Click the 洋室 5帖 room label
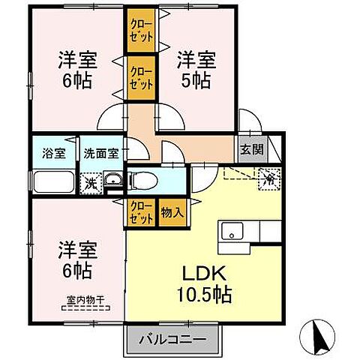pos(197,68)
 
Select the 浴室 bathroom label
pos(52,151)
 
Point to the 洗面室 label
pos(100,151)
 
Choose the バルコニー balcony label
pos(172,340)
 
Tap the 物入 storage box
pos(172,211)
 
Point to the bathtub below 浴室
pos(52,181)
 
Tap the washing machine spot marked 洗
pos(89,181)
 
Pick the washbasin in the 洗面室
pos(112,181)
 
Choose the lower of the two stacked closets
pos(141,77)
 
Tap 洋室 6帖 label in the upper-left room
pos(75,68)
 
